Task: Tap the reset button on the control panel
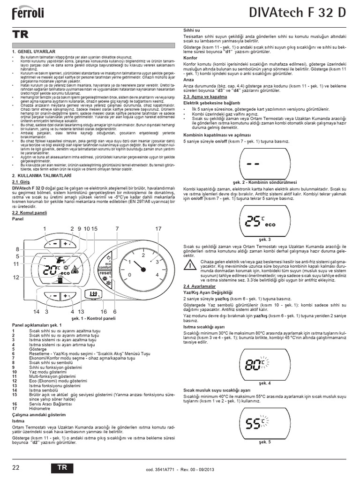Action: click(105, 273)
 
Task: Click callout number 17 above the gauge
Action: click(158, 228)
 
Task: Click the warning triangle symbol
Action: click(188, 265)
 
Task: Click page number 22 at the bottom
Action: click(16, 467)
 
